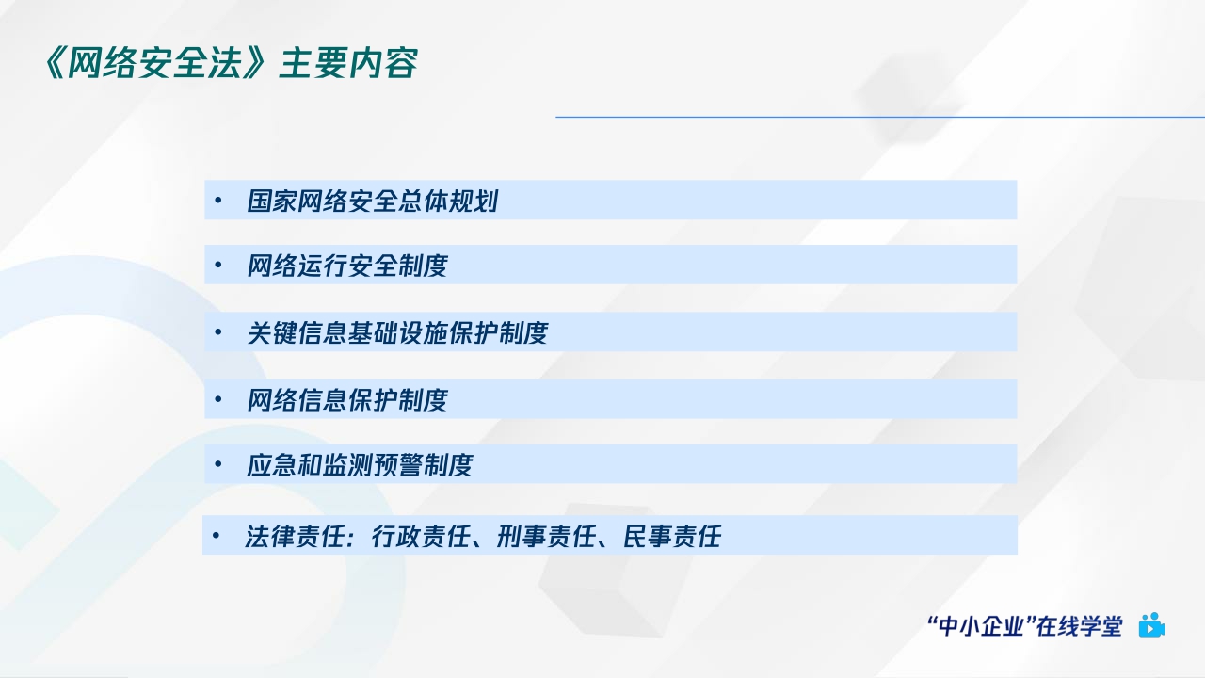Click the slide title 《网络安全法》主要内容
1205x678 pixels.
[x=231, y=64]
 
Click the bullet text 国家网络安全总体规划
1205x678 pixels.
[x=372, y=201]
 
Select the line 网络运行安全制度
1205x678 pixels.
[x=346, y=266]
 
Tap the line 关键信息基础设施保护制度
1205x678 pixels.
[x=396, y=333]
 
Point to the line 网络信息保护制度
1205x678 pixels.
[x=346, y=400]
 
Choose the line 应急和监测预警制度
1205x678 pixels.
[x=359, y=465]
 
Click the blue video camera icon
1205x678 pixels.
[x=1151, y=625]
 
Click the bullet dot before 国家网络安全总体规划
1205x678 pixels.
[x=217, y=201]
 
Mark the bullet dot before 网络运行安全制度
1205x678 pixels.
[x=217, y=266]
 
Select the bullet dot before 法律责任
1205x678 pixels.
[x=216, y=537]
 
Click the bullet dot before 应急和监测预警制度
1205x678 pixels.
[x=217, y=465]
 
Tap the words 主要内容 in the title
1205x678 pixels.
[x=348, y=64]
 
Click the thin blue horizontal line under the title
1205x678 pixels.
[x=879, y=117]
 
